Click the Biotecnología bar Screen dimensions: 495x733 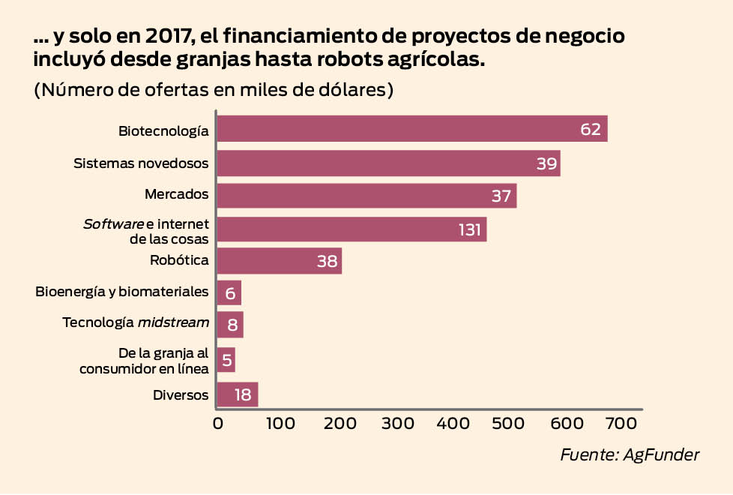(412, 129)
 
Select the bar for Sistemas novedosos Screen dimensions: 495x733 (388, 163)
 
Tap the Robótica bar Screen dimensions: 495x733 (279, 261)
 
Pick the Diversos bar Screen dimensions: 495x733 (237, 394)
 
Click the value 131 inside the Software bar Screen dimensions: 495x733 (469, 229)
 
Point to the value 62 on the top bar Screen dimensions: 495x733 (591, 129)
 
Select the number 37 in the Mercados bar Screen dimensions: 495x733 (501, 196)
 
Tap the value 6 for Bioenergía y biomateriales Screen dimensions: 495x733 (230, 293)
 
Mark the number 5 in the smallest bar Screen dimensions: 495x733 (226, 361)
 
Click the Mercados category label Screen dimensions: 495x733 (176, 194)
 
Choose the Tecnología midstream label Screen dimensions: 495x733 (135, 322)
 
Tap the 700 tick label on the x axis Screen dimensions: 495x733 (621, 423)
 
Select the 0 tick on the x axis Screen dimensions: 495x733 (218, 423)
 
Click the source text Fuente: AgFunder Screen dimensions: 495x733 (629, 455)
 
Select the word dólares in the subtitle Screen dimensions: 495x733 (346, 89)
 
